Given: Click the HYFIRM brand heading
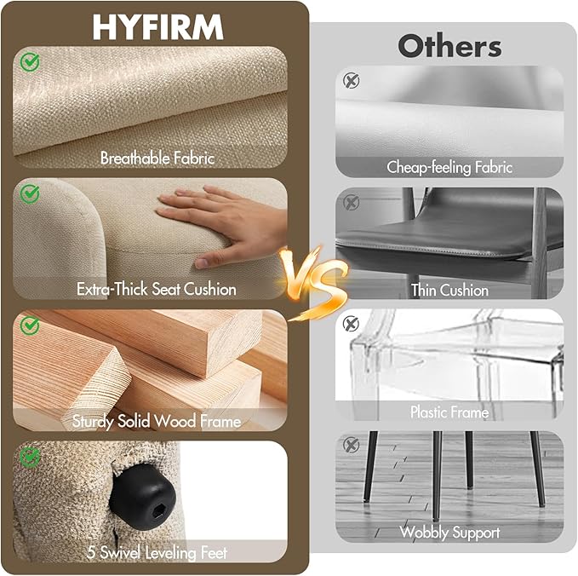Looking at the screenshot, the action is pyautogui.click(x=157, y=27).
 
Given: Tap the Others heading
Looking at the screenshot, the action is pyautogui.click(x=449, y=46).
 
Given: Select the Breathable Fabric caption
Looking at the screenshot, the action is pyautogui.click(x=157, y=158).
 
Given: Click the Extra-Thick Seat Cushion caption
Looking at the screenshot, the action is pyautogui.click(x=157, y=289).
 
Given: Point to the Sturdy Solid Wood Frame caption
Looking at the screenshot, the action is pyautogui.click(x=157, y=421).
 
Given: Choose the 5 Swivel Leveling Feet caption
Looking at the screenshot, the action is pyautogui.click(x=157, y=553).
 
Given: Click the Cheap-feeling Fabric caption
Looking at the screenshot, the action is pyautogui.click(x=449, y=167).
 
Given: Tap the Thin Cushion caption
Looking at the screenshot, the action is pyautogui.click(x=449, y=290).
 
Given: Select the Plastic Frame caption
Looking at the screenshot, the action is pyautogui.click(x=449, y=412).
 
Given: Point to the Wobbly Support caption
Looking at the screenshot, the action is pyautogui.click(x=449, y=533).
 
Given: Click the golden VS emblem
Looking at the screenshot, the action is pyautogui.click(x=313, y=282).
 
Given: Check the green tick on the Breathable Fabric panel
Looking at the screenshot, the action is pyautogui.click(x=30, y=62).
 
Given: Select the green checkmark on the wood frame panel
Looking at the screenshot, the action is pyautogui.click(x=30, y=325).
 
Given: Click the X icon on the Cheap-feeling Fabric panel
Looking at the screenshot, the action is pyautogui.click(x=352, y=80).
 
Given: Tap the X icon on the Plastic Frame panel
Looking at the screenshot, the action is pyautogui.click(x=351, y=324).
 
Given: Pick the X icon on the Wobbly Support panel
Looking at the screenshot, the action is pyautogui.click(x=351, y=445).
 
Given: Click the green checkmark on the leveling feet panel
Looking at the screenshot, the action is pyautogui.click(x=30, y=458).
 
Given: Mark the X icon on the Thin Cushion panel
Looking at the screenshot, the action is pyautogui.click(x=352, y=202).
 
